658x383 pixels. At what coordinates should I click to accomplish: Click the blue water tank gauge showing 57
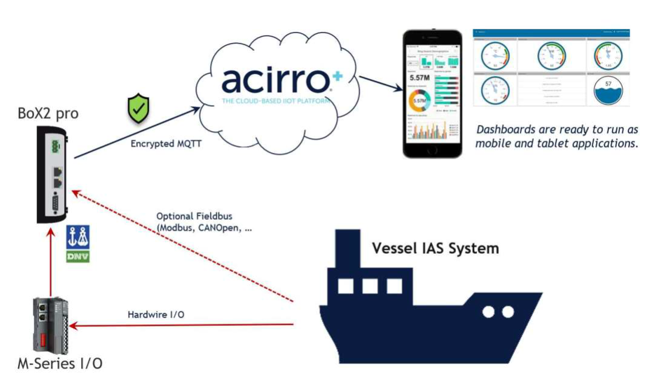click(609, 91)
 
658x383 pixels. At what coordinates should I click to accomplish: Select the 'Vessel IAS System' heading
click(435, 248)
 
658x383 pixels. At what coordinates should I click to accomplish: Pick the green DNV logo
click(78, 256)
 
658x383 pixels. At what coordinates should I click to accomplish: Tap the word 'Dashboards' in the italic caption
click(507, 129)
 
